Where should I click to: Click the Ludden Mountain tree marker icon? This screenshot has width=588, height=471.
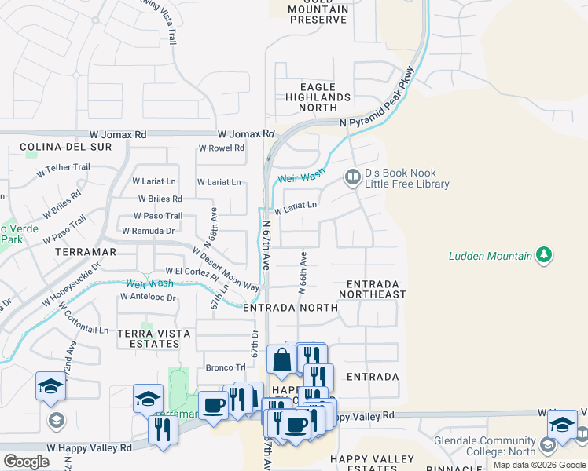point(543,254)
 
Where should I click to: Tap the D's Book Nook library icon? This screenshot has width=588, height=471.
point(353,178)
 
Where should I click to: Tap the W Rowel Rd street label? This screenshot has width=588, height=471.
point(221,148)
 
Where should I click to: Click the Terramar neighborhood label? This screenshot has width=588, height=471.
point(86,252)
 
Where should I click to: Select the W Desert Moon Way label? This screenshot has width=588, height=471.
point(226,268)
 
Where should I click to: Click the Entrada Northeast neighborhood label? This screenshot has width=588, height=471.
point(373,289)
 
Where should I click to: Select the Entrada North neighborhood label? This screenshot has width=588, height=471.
point(290,309)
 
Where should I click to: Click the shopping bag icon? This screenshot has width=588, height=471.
point(281,360)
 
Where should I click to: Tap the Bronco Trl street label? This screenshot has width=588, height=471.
point(226,367)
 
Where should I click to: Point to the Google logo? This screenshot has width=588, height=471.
point(26,462)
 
